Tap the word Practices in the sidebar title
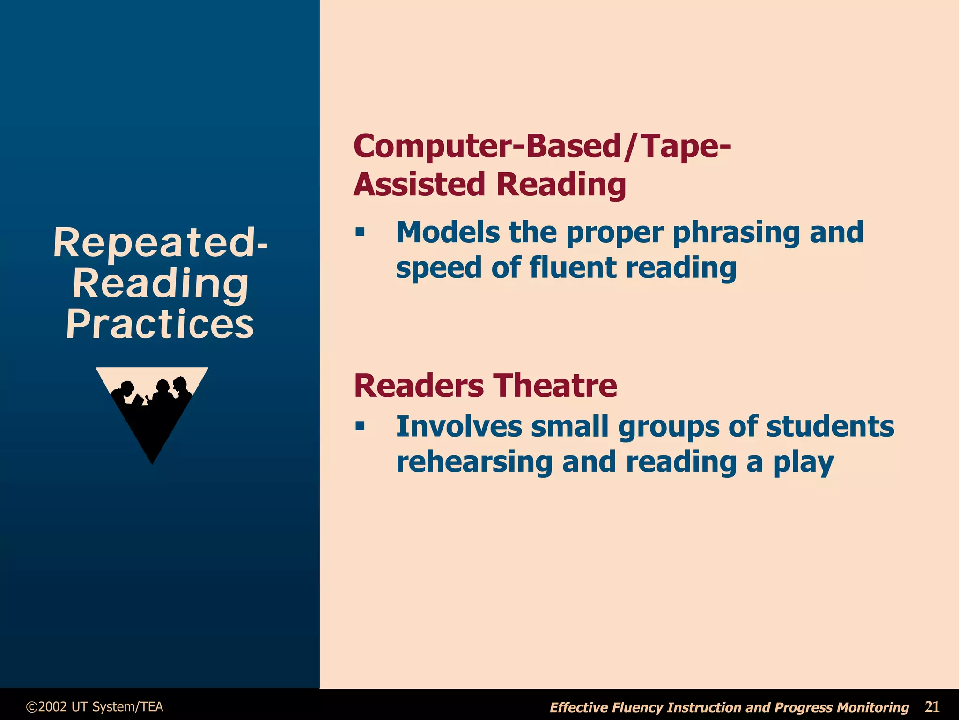coord(160,324)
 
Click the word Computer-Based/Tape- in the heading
coord(542,146)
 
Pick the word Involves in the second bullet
coord(459,426)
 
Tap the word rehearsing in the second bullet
coord(474,462)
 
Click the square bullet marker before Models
coord(360,231)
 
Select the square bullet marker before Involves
coord(360,426)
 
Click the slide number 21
coord(932,706)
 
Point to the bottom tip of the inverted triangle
coord(152,463)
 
